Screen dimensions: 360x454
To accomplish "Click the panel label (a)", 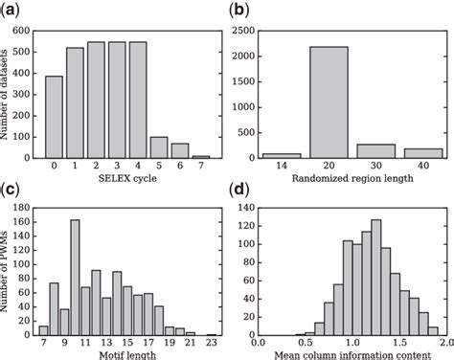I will (x=11, y=11).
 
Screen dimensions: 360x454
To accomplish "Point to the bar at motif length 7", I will (x=43, y=329).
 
